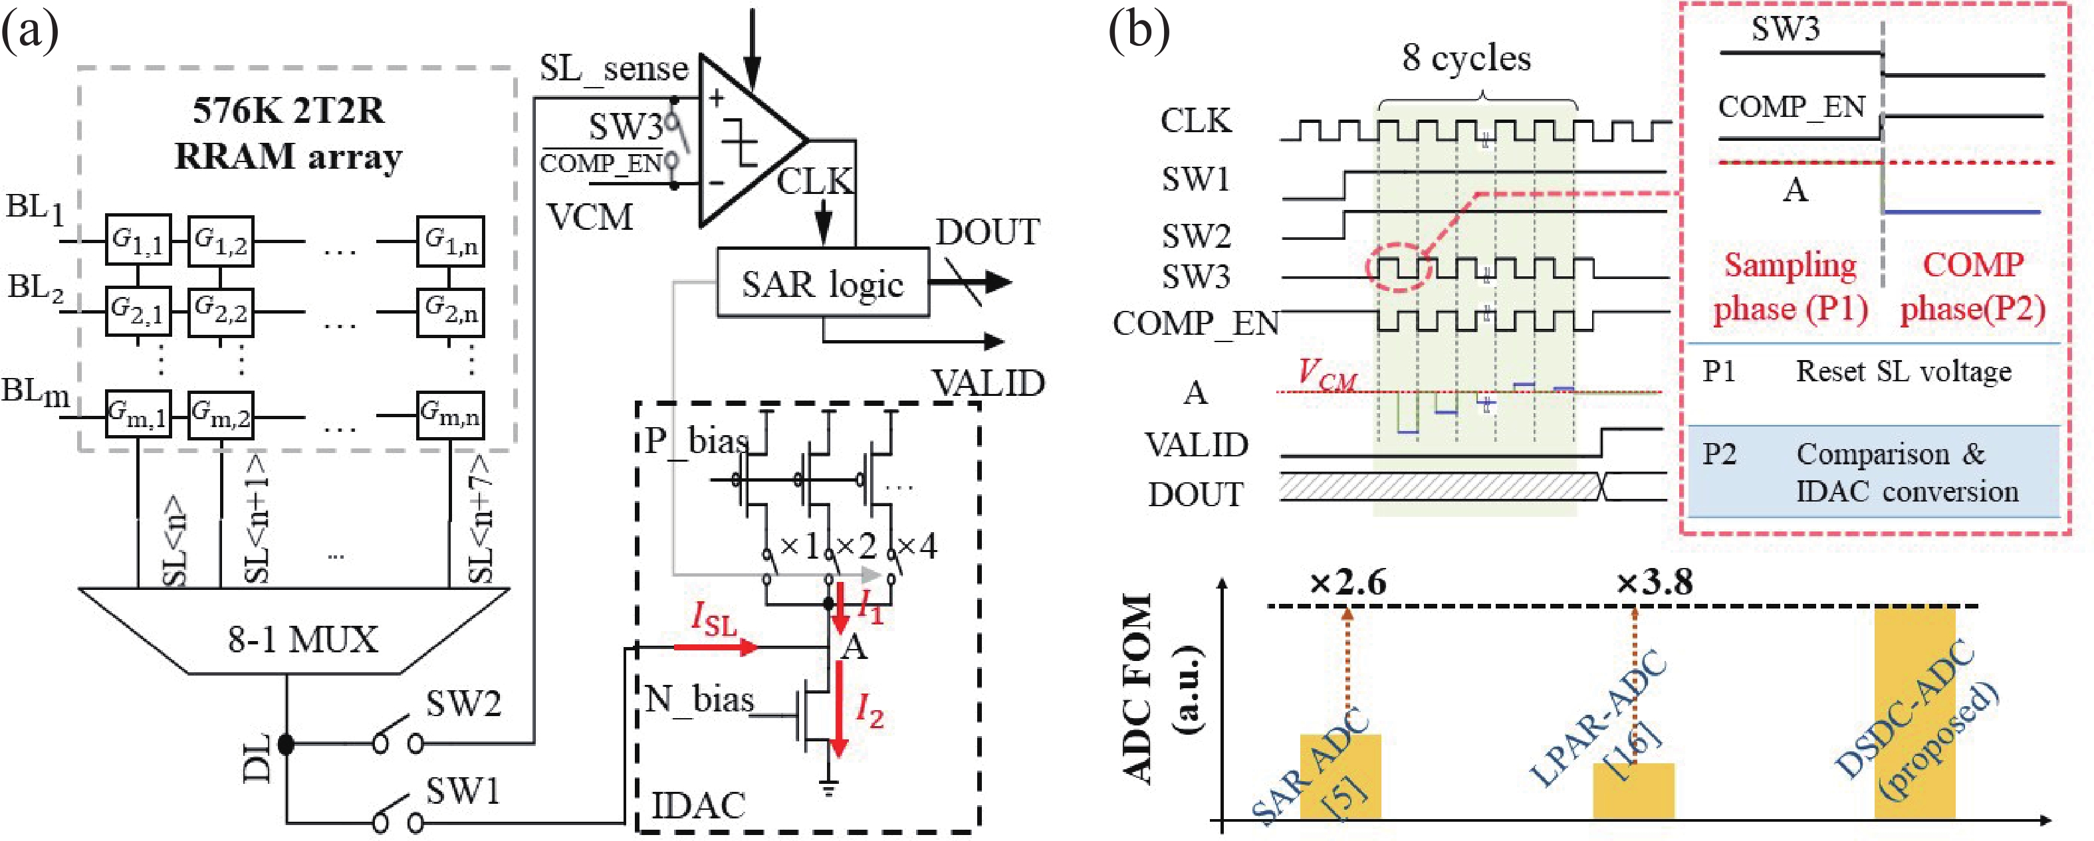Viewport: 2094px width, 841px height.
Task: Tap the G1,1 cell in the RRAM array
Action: pos(138,240)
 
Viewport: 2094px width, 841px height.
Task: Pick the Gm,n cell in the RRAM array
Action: pos(449,415)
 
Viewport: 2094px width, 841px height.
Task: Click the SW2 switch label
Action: pos(463,703)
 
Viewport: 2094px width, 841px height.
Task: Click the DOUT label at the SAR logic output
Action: pos(987,233)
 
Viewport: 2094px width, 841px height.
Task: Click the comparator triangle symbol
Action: pos(744,142)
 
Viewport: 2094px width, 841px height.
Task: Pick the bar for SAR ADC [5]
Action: pos(1339,776)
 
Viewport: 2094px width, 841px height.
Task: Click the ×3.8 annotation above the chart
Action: pos(1654,582)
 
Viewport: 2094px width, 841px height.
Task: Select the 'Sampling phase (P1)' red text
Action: pos(1790,287)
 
